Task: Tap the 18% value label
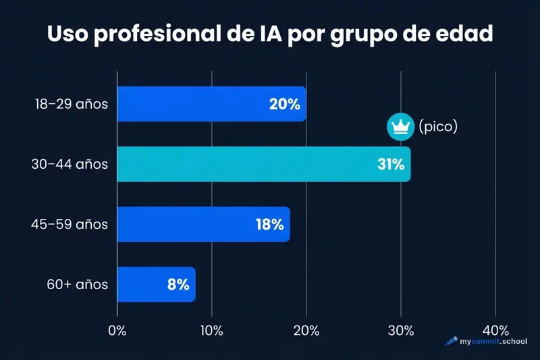269,224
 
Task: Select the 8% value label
178,284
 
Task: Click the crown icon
399,126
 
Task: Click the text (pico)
438,126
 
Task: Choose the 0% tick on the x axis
117,330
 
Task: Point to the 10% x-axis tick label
212,330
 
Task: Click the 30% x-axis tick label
401,330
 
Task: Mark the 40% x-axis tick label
495,330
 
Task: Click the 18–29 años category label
72,104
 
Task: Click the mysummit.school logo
486,342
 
